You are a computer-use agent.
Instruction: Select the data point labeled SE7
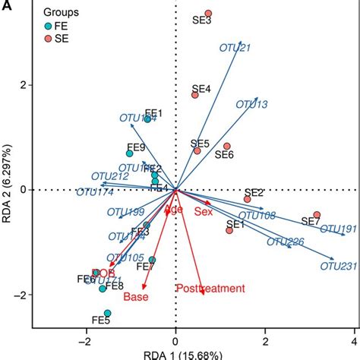[x=317, y=215]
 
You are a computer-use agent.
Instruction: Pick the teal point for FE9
[x=130, y=153]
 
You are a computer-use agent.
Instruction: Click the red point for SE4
[x=195, y=95]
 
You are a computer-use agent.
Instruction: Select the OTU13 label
[x=251, y=104]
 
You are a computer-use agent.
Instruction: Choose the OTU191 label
[x=337, y=229]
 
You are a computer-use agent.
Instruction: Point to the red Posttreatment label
[x=210, y=288]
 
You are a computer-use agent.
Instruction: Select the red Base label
[x=136, y=296]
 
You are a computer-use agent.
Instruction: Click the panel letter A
[x=5, y=5]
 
